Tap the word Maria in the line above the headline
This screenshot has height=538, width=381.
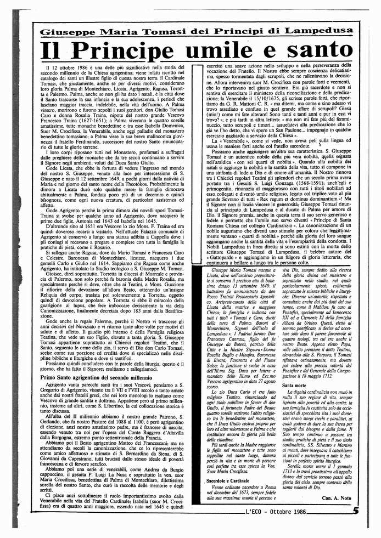(x=116, y=31)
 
